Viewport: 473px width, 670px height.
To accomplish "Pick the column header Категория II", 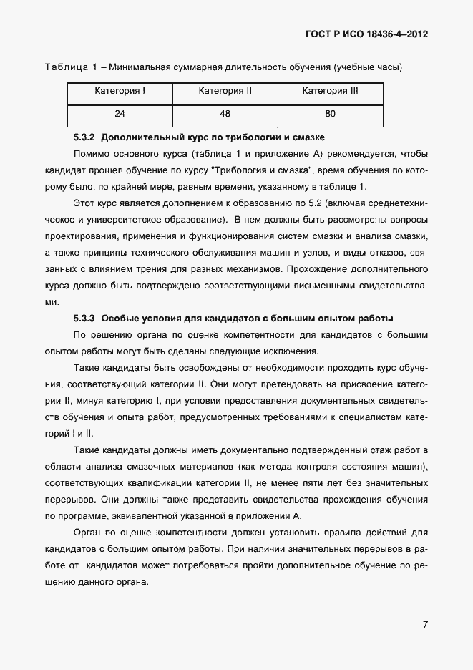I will [x=225, y=91].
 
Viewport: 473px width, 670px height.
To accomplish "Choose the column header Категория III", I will [x=330, y=91].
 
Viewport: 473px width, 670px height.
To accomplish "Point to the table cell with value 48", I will [x=225, y=114].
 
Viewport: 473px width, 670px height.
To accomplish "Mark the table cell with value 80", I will [x=330, y=114].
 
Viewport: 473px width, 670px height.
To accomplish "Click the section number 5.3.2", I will [x=86, y=136].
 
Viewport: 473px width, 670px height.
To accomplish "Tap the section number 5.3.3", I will [x=86, y=319].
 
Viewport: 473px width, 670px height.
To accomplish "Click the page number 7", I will [x=425, y=624].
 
